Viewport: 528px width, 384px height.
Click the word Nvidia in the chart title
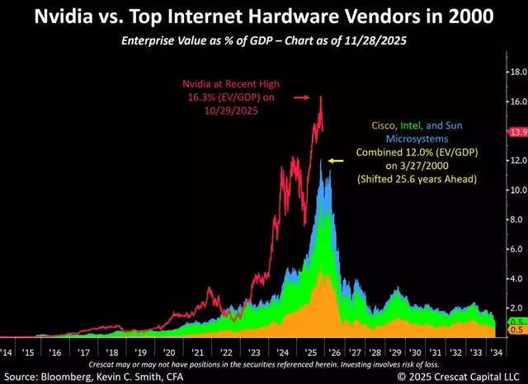[x=75, y=16]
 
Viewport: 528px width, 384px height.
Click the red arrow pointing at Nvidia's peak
[x=303, y=97]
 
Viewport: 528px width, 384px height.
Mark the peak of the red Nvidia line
[x=319, y=97]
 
